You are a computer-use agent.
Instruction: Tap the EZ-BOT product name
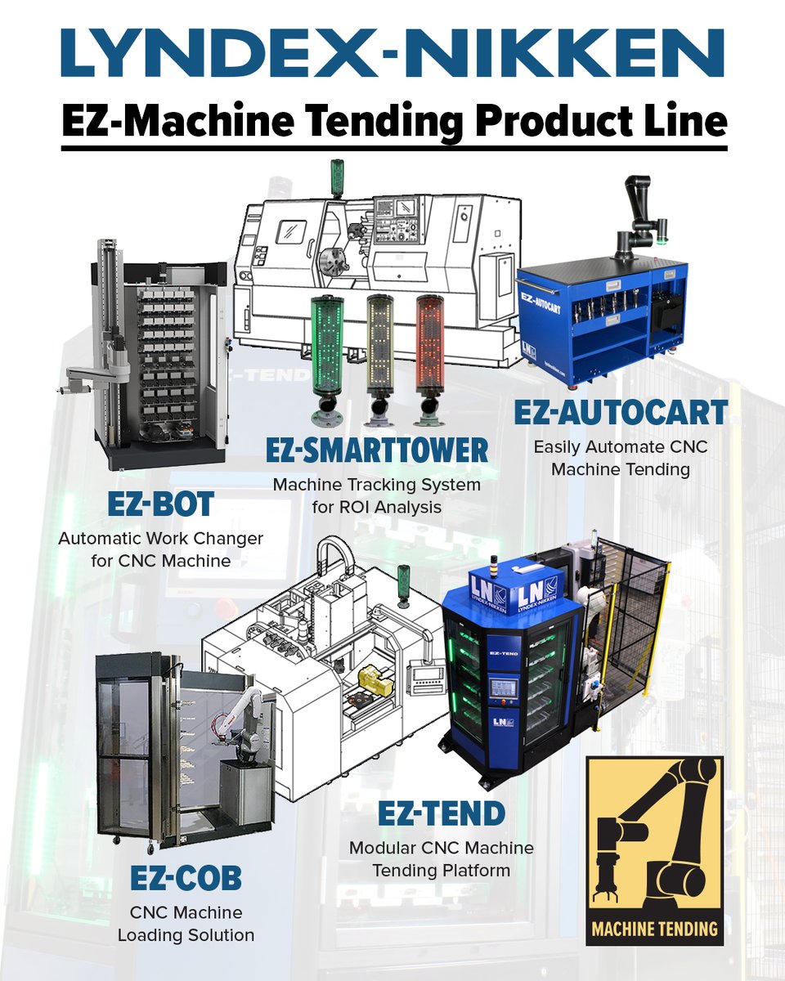point(160,504)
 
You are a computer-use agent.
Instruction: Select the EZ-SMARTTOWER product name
point(378,449)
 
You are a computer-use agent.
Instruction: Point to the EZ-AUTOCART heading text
point(620,414)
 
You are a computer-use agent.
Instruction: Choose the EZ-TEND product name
point(442,813)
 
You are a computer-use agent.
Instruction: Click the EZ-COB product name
point(186,878)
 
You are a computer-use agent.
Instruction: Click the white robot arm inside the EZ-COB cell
point(245,719)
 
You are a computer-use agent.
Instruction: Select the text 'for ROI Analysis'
point(376,507)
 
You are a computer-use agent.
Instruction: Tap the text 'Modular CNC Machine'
point(442,848)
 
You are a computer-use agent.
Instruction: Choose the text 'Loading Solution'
point(186,934)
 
